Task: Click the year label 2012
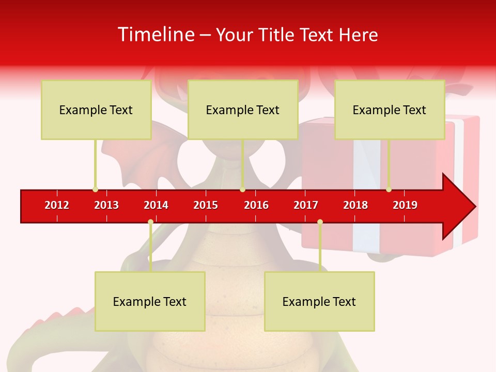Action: [x=57, y=205]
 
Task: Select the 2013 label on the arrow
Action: [x=106, y=205]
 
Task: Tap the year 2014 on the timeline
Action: [x=156, y=205]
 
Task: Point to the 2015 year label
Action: [x=206, y=205]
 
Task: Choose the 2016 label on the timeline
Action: [x=256, y=205]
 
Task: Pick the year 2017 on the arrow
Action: [x=306, y=205]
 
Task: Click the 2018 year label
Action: [x=355, y=205]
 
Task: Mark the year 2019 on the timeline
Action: [x=405, y=205]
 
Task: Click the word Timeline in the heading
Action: [x=155, y=35]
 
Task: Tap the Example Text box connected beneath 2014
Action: [x=150, y=301]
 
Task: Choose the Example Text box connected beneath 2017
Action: [x=319, y=301]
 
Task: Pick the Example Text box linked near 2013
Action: [x=96, y=110]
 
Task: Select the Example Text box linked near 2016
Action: [x=243, y=110]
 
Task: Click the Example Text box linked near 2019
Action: [x=390, y=110]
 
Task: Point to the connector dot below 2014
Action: [x=150, y=222]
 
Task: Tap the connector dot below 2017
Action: [x=320, y=222]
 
